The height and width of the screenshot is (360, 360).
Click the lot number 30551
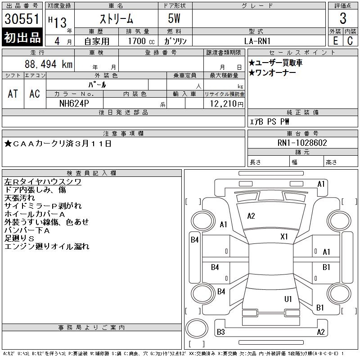(22, 19)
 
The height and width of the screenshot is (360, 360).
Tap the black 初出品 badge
(22, 37)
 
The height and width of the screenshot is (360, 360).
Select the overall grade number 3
(343, 18)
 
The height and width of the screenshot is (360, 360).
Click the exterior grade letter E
(335, 41)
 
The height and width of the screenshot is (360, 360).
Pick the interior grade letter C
(350, 41)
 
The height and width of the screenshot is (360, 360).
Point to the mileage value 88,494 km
(49, 64)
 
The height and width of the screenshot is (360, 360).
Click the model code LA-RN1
(257, 41)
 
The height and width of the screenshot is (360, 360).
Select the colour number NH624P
(74, 103)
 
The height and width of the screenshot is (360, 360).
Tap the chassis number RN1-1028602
(302, 143)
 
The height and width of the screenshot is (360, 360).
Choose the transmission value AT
(13, 94)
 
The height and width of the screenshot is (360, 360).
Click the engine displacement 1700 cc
(141, 41)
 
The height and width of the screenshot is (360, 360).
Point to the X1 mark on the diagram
(284, 237)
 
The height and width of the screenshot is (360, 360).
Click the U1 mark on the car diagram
(288, 299)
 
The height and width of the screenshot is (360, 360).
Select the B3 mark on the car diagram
(220, 332)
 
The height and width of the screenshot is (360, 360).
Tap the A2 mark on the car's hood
(251, 216)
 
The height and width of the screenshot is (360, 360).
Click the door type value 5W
(174, 18)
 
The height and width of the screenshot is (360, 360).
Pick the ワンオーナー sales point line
(273, 73)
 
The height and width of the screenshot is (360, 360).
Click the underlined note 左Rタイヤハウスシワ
(43, 182)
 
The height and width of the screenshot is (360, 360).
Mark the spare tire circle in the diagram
(197, 328)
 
